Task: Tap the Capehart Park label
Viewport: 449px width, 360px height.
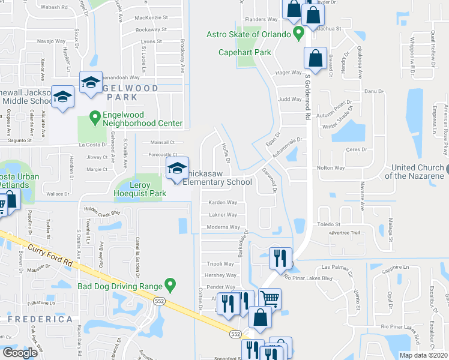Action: pyautogui.click(x=244, y=52)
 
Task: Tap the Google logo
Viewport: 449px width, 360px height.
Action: pyautogui.click(x=20, y=353)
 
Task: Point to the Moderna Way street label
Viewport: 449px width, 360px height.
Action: pyautogui.click(x=223, y=227)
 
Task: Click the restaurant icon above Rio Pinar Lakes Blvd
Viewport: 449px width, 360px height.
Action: pyautogui.click(x=280, y=257)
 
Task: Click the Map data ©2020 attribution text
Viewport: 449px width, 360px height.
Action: pyautogui.click(x=424, y=355)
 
